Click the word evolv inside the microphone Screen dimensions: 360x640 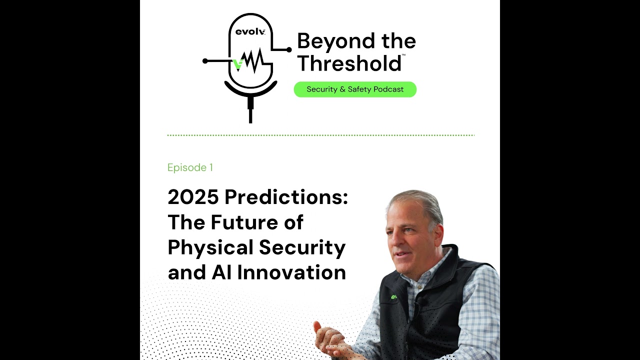point(250,32)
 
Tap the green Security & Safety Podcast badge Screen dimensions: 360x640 point(355,89)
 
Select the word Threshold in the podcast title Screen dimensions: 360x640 point(348,63)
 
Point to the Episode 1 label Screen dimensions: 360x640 point(190,167)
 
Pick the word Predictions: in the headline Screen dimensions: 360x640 point(286,197)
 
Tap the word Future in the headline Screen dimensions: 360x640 point(239,222)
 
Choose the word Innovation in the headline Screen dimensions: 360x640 point(291,273)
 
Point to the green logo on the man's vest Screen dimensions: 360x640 point(394,297)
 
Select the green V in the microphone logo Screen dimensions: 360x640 point(238,64)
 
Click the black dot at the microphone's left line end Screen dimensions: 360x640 point(205,61)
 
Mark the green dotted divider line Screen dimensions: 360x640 point(320,135)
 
